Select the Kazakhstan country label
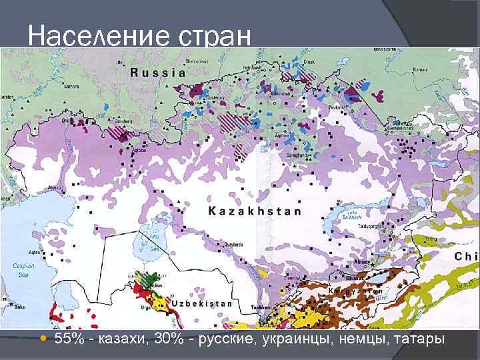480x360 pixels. [255, 211]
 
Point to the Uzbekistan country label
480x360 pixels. [201, 304]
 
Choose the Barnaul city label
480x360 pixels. [419, 69]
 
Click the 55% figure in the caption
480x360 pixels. [69, 340]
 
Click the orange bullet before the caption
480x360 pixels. [43, 340]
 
